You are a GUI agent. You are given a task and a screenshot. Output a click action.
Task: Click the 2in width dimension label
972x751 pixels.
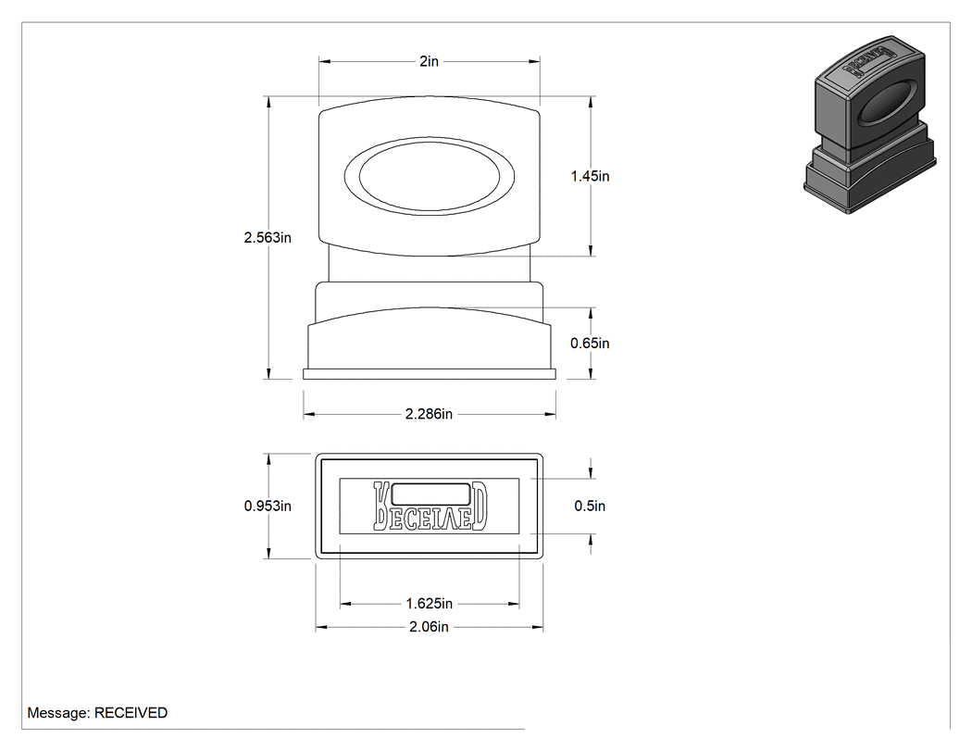pyautogui.click(x=429, y=61)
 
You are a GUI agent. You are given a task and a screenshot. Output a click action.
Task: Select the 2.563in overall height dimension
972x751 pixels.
pyautogui.click(x=268, y=237)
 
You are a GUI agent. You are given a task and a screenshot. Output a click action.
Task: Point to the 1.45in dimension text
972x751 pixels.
pyautogui.click(x=591, y=176)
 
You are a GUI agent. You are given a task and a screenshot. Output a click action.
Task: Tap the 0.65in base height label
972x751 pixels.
pyautogui.click(x=591, y=343)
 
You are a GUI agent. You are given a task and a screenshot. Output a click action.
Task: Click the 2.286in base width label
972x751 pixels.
pyautogui.click(x=429, y=414)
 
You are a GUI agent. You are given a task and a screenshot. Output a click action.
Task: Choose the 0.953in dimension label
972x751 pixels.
pyautogui.click(x=268, y=506)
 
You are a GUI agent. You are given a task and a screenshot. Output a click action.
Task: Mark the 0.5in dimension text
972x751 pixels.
pyautogui.click(x=591, y=506)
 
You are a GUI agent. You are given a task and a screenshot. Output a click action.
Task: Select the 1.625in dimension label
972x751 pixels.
pyautogui.click(x=429, y=603)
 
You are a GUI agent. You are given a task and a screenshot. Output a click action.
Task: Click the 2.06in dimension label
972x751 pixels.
pyautogui.click(x=429, y=627)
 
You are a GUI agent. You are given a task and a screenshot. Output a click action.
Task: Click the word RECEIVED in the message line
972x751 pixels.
pyautogui.click(x=131, y=712)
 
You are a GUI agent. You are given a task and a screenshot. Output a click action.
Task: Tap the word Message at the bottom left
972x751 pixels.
pyautogui.click(x=59, y=712)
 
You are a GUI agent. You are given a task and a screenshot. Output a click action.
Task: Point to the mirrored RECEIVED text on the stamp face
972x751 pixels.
pyautogui.click(x=430, y=506)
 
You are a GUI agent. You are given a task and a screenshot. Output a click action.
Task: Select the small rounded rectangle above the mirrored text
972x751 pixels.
pyautogui.click(x=430, y=494)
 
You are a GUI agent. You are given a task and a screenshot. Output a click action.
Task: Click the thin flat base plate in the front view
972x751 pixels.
pyautogui.click(x=429, y=374)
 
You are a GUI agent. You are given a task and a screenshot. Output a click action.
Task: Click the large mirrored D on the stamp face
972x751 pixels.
pyautogui.click(x=479, y=506)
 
